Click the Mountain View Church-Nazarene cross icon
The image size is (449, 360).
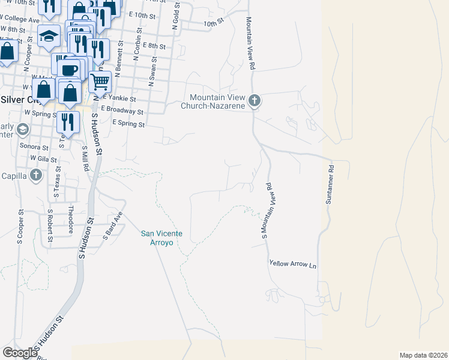pyautogui.click(x=255, y=101)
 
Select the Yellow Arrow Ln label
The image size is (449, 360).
pyautogui.click(x=292, y=264)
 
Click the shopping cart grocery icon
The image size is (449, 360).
pyautogui.click(x=100, y=80)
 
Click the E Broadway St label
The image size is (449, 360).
pyautogui.click(x=122, y=110)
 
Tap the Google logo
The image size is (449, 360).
pyautogui.click(x=20, y=352)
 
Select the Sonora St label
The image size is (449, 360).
pyautogui.click(x=34, y=146)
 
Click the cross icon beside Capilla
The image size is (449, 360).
pyautogui.click(x=36, y=175)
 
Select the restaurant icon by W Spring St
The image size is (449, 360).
pyautogui.click(x=68, y=121)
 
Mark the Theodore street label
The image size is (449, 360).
pyautogui.click(x=71, y=220)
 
